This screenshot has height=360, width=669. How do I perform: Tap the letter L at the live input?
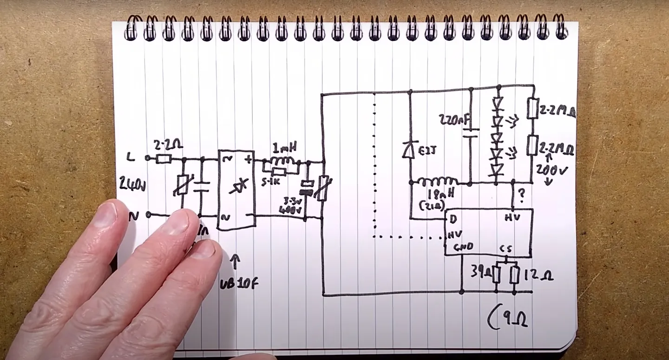(131, 158)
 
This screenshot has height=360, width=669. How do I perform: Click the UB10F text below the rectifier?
(238, 283)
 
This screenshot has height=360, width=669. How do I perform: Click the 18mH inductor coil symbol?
(437, 181)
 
